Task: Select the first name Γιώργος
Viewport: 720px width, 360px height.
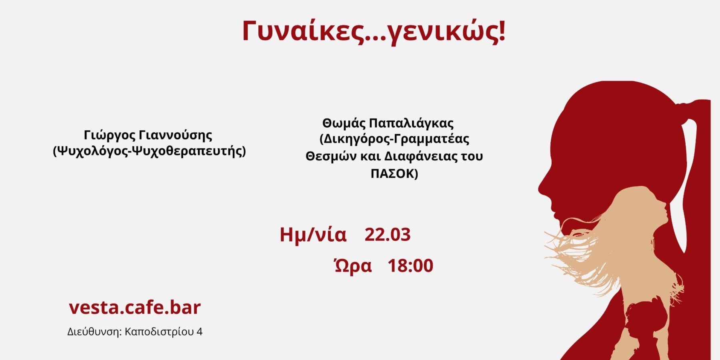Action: tap(110, 136)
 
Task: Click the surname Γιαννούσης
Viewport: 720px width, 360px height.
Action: tap(176, 136)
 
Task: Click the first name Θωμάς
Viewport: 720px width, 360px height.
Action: tap(344, 123)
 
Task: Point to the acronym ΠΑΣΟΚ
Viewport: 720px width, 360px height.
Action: tap(392, 174)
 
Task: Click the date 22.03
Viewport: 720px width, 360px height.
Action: tap(387, 234)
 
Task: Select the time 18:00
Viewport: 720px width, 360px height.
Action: tap(410, 266)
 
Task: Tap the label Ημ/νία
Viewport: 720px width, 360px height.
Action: tap(313, 235)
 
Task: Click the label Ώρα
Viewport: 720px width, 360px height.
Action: tap(353, 266)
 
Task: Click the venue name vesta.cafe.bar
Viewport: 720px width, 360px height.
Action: tap(135, 307)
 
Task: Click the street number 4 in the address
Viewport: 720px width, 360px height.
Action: tap(200, 332)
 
